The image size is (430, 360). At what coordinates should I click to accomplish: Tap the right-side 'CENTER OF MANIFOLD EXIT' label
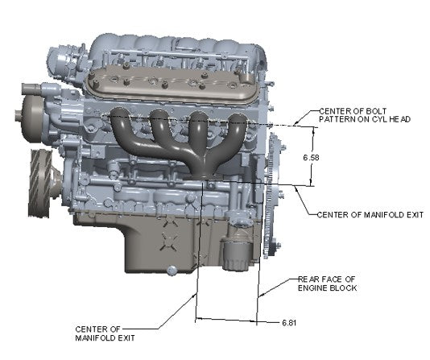pos(359,214)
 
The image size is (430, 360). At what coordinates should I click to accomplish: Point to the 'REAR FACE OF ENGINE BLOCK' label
pos(327,283)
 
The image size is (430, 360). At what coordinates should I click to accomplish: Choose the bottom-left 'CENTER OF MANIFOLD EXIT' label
pos(98,333)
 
